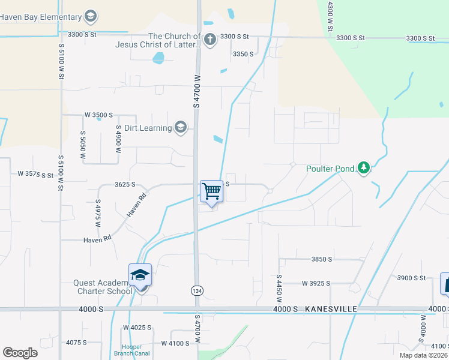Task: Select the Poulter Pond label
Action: pyautogui.click(x=330, y=169)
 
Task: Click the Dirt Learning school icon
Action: pyautogui.click(x=180, y=127)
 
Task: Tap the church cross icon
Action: pyautogui.click(x=209, y=40)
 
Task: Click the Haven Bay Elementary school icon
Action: pyautogui.click(x=91, y=16)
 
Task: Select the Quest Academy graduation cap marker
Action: pyautogui.click(x=140, y=276)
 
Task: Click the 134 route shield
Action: pyautogui.click(x=196, y=290)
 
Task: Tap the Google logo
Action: pyautogui.click(x=20, y=352)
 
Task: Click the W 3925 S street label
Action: pyautogui.click(x=316, y=283)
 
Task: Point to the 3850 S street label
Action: pyautogui.click(x=322, y=259)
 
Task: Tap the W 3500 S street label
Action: pyautogui.click(x=98, y=115)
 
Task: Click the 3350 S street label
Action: pyautogui.click(x=243, y=54)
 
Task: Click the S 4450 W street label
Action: pyautogui.click(x=279, y=287)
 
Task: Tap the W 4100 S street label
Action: pyautogui.click(x=176, y=343)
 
